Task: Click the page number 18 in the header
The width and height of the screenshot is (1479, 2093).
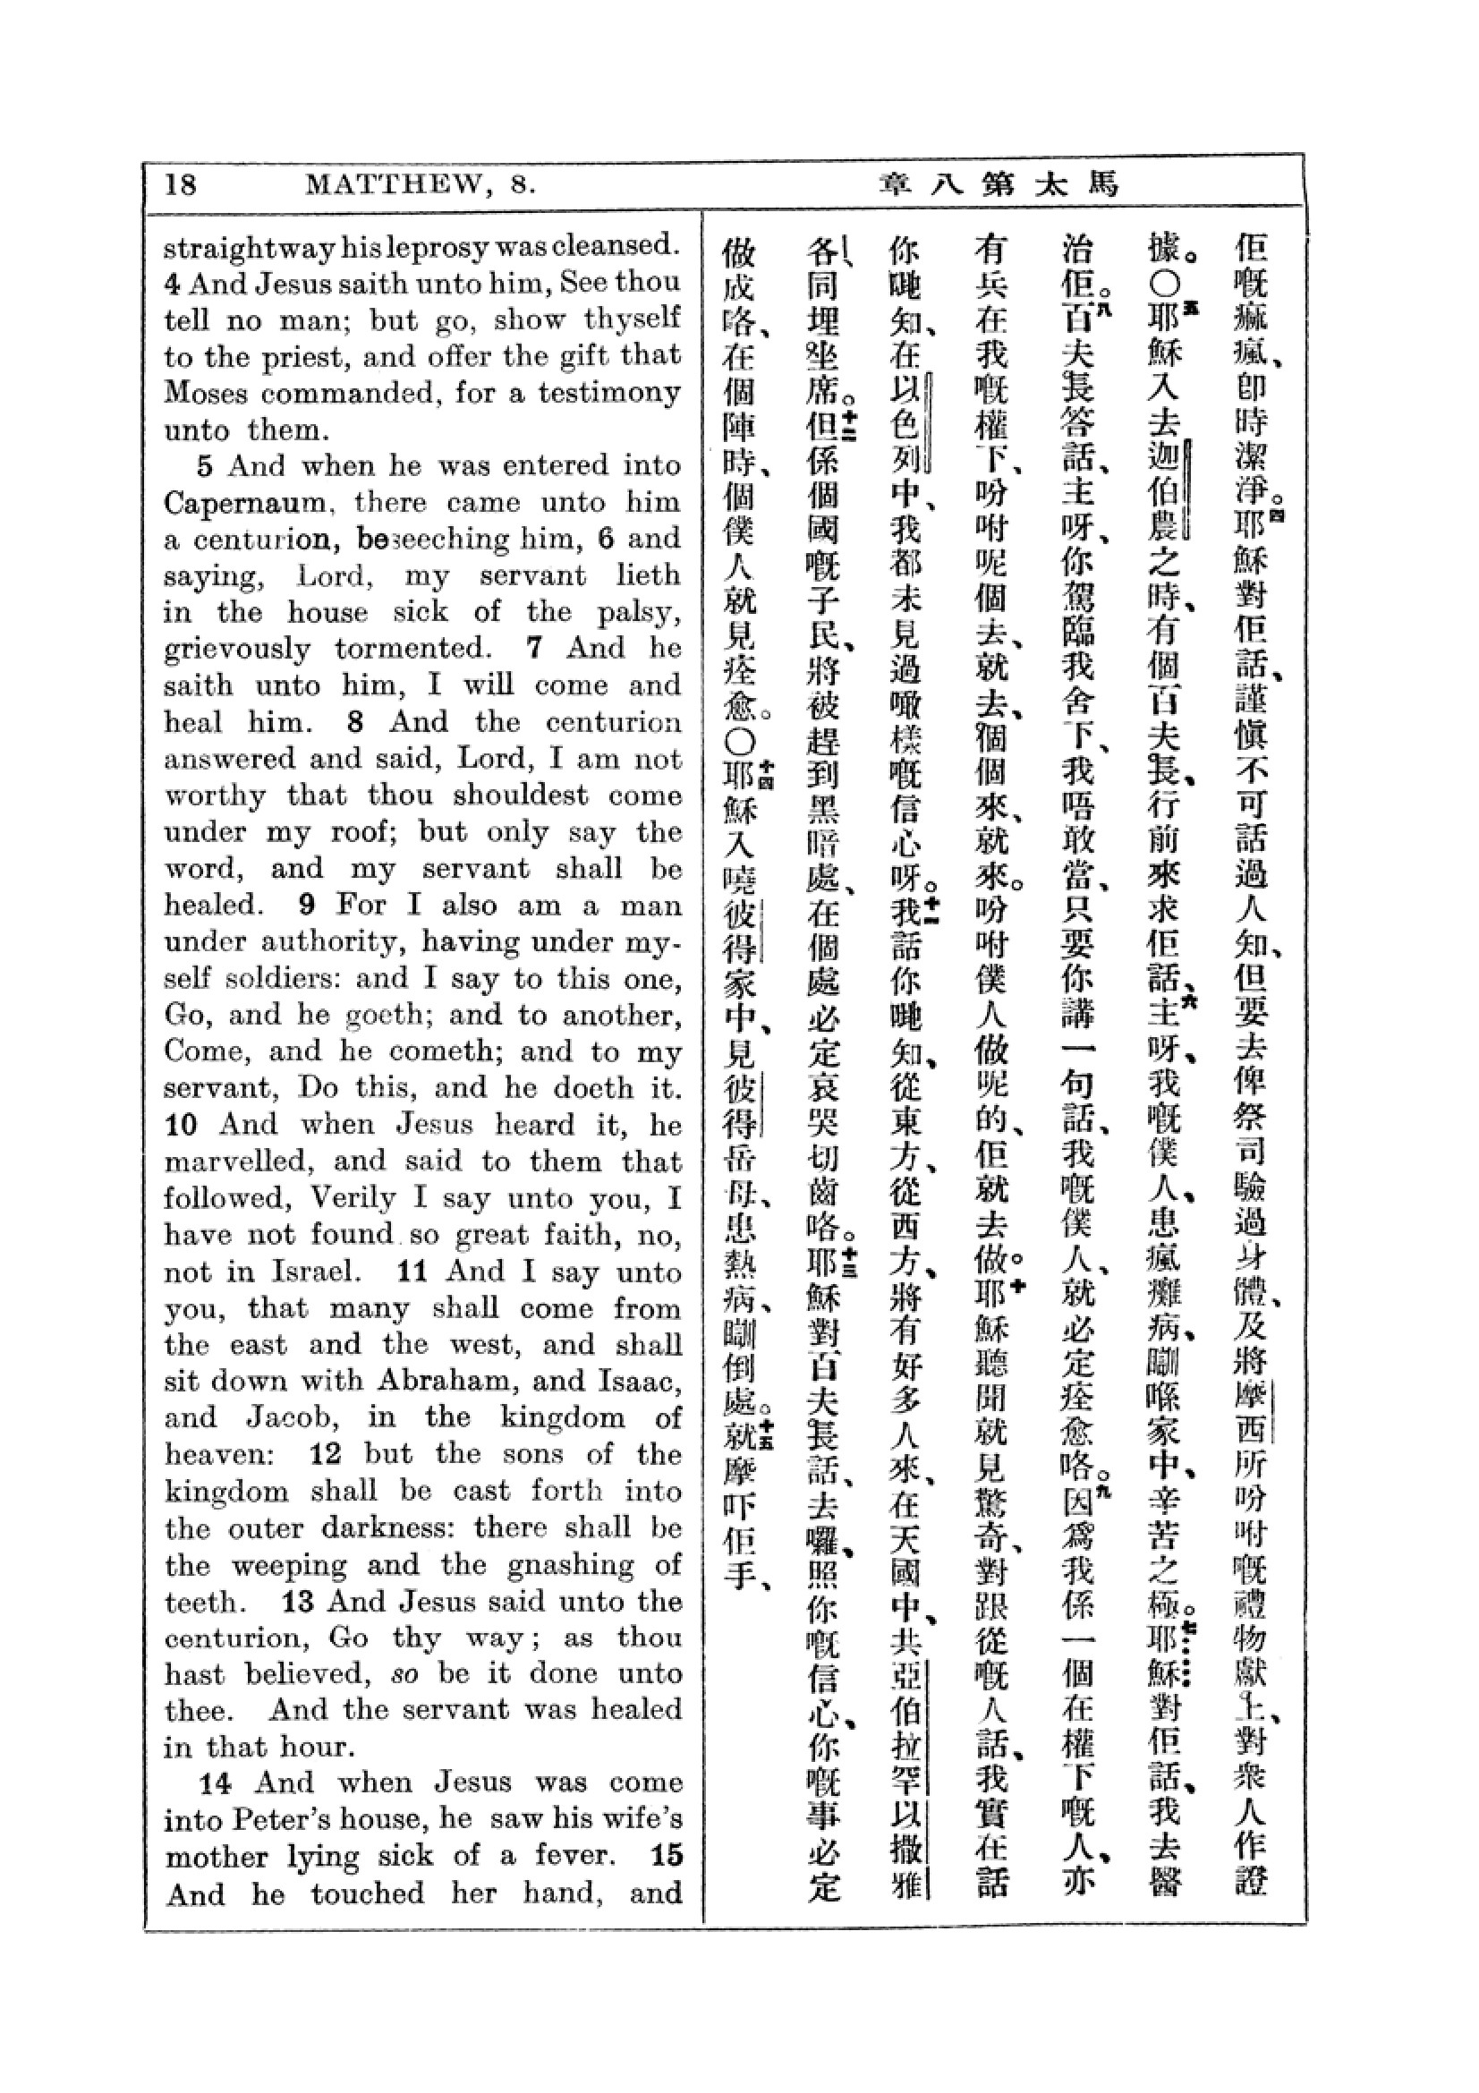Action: [181, 185]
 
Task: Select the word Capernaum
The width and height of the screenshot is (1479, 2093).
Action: [245, 503]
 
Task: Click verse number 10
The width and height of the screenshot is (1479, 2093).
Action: [182, 1126]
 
